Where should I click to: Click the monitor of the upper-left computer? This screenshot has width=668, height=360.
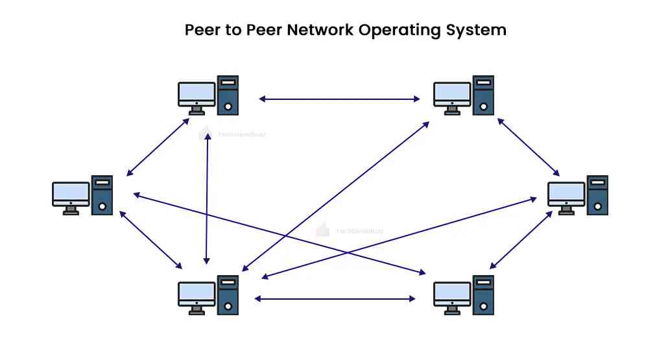197,94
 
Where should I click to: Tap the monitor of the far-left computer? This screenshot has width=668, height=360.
71,194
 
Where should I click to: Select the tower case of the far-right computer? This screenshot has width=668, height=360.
597,195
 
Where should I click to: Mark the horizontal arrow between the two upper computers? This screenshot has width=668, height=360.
339,99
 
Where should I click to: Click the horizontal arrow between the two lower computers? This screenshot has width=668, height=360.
335,298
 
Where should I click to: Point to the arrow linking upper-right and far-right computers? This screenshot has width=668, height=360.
528,147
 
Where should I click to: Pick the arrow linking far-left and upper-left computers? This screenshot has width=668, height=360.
158,147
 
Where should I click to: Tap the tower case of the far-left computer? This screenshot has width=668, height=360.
102,195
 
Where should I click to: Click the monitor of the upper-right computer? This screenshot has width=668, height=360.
452,94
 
